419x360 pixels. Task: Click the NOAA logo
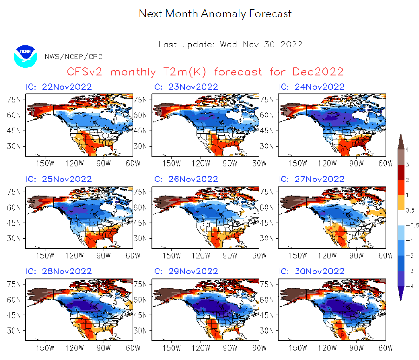click(x=25, y=56)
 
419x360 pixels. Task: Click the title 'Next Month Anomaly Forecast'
click(x=215, y=13)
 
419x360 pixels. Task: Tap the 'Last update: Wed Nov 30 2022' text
click(x=230, y=45)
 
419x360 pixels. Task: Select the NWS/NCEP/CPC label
click(x=73, y=57)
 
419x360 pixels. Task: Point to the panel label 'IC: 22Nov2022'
click(x=58, y=87)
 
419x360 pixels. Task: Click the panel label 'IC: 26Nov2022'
click(x=185, y=179)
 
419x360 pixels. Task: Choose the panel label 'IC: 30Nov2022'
click(x=311, y=271)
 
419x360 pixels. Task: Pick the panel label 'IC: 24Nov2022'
click(x=311, y=87)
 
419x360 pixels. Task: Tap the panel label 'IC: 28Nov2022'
click(x=58, y=271)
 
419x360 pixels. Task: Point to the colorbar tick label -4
click(x=407, y=286)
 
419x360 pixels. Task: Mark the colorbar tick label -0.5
click(x=410, y=225)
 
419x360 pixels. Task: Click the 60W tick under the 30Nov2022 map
click(x=386, y=347)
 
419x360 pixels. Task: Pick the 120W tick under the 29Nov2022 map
click(x=201, y=347)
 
